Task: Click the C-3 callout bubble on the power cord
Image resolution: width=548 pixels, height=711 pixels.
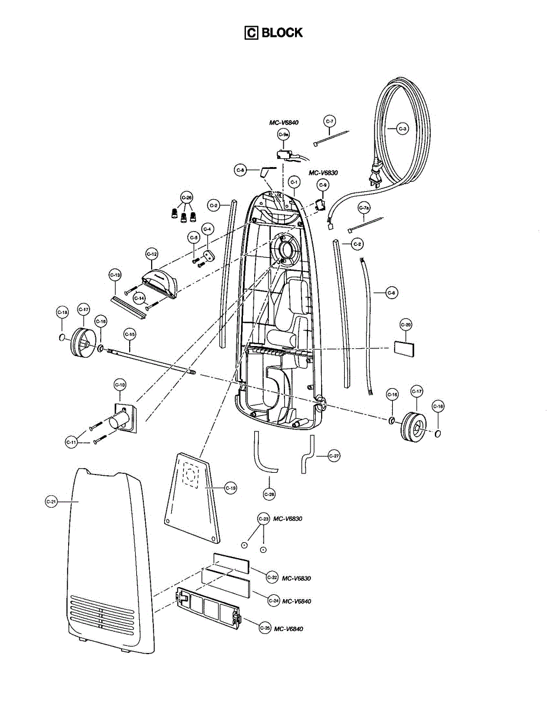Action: pos(403,128)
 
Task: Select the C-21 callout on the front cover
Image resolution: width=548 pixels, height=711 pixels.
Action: pos(52,501)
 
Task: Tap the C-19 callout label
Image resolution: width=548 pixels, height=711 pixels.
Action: pos(230,488)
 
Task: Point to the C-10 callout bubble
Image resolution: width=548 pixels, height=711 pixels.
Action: pos(120,385)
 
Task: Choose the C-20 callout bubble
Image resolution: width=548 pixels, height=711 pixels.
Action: pos(406,324)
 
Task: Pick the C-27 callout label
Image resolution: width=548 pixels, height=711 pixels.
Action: pos(334,456)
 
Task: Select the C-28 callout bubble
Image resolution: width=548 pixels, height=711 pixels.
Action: pos(269,494)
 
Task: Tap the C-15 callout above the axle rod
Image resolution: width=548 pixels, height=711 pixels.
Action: pos(130,334)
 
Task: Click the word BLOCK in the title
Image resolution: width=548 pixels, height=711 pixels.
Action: pos(282,33)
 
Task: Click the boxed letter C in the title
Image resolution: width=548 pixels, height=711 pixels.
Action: pos(251,33)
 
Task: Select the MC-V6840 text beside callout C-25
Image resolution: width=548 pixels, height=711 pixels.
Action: pos(289,629)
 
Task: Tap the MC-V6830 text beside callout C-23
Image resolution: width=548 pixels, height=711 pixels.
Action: pos(287,518)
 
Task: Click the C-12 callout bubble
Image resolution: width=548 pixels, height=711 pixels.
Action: pos(152,254)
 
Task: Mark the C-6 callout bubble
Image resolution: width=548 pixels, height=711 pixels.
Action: pos(392,292)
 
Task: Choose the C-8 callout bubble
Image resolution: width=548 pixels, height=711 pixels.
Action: pos(240,170)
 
